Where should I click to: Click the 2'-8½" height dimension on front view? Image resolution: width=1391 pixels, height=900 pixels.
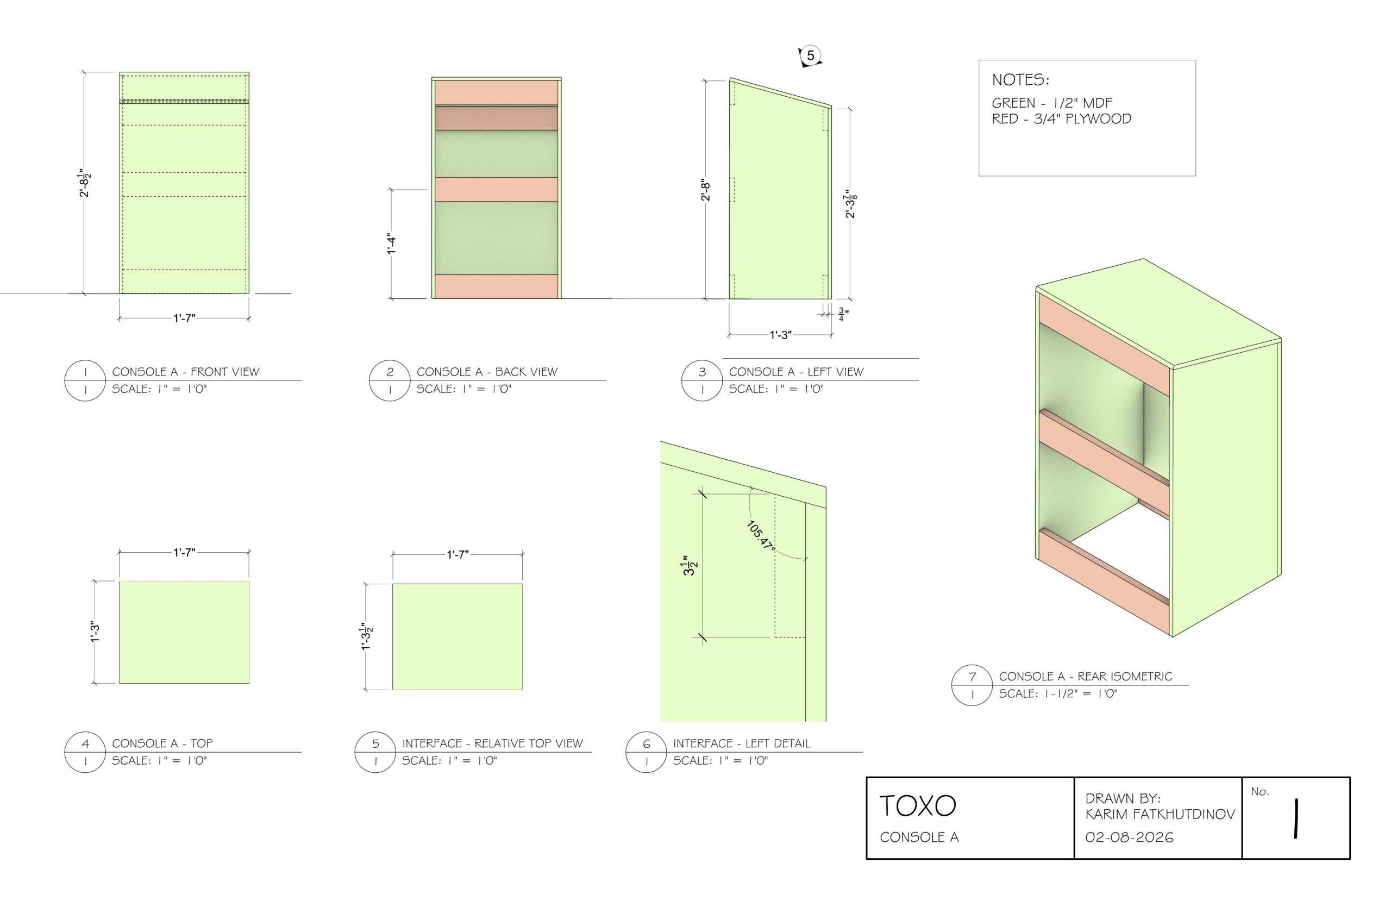tap(85, 183)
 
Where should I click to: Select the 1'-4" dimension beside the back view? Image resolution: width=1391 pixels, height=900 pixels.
tap(391, 243)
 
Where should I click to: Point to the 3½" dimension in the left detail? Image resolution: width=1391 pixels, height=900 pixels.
tap(690, 566)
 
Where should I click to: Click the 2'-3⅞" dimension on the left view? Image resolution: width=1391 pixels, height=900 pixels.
tap(850, 204)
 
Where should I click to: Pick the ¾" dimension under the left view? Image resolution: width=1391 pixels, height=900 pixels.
tap(842, 315)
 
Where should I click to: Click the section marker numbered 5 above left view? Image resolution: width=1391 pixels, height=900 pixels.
tap(810, 56)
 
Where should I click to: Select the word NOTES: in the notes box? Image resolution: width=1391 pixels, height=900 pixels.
tap(1020, 80)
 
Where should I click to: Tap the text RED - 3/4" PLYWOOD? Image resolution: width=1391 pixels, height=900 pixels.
tap(1061, 118)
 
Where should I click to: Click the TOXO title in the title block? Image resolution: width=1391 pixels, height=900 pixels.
tap(917, 806)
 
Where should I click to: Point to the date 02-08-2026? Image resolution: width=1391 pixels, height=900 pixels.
tap(1129, 837)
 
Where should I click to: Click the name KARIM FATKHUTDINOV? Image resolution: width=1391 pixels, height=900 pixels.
tap(1159, 814)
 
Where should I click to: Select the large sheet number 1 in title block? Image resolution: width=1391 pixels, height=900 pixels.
tap(1295, 820)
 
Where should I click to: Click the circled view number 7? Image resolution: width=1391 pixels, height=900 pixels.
tap(972, 676)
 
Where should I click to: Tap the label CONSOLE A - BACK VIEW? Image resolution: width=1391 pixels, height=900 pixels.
tap(487, 372)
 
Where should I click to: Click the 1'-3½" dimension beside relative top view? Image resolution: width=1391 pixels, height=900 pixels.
tap(366, 637)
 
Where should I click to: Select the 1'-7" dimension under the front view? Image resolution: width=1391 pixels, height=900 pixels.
tap(184, 318)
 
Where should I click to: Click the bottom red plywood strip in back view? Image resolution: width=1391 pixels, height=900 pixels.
tap(496, 286)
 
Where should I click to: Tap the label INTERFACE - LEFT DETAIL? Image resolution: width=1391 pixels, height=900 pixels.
tap(741, 743)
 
